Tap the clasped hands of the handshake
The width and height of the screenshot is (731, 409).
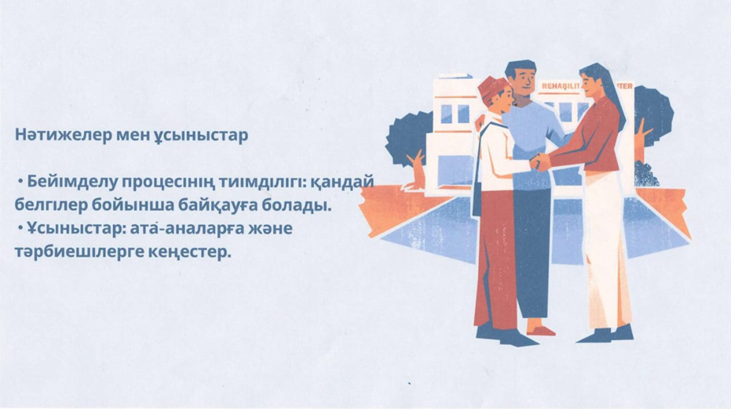click(541, 162)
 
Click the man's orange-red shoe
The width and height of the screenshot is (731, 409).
click(541, 330)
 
